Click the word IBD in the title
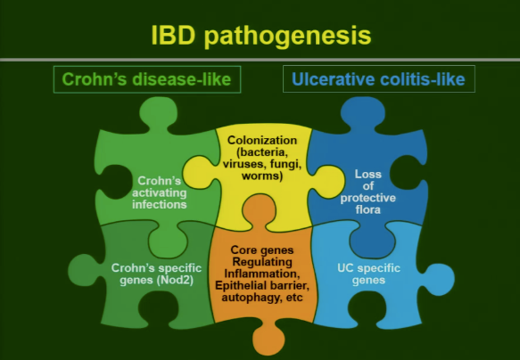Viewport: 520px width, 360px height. coord(171,36)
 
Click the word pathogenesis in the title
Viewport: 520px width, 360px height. coord(285,36)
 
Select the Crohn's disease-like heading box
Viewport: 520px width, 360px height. coord(147,79)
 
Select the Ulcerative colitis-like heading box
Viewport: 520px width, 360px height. coord(379,79)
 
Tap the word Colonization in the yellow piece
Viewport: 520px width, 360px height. coord(261,141)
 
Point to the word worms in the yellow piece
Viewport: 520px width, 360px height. coord(261,176)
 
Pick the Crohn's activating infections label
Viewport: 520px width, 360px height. coord(161,192)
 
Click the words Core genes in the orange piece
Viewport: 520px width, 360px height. coord(261,250)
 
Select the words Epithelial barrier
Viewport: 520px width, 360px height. coord(261,285)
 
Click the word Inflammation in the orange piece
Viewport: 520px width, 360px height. coord(261,274)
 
